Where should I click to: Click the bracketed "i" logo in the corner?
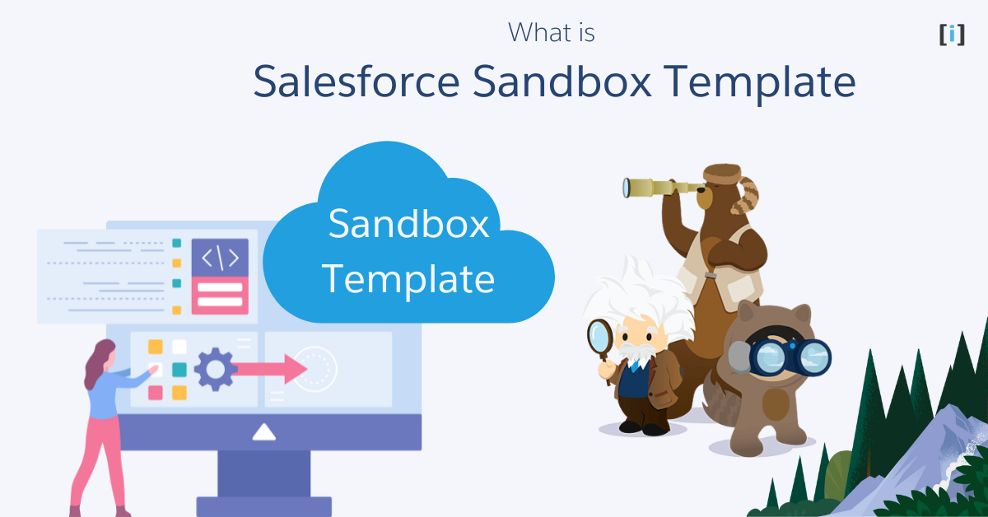point(952,35)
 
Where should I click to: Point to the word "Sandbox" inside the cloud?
point(409,224)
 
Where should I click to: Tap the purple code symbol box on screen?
point(220,258)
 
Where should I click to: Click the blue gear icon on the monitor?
point(215,369)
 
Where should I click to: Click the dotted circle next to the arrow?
point(315,368)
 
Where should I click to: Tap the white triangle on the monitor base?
point(263,431)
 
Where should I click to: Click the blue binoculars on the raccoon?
point(784,356)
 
